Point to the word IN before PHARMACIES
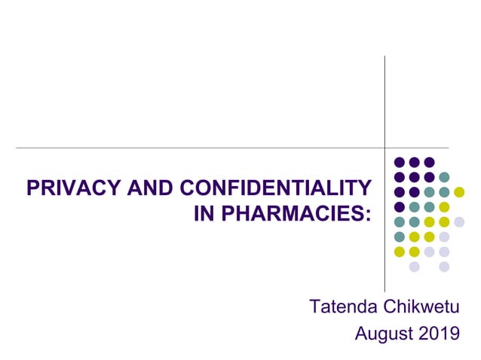point(203,213)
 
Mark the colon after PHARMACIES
point(369,215)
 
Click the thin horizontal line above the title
point(188,148)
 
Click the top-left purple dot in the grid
point(400,162)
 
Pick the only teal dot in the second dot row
point(444,177)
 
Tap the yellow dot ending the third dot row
point(459,192)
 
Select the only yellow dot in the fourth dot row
point(444,207)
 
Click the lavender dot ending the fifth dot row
point(459,221)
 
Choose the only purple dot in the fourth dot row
point(400,207)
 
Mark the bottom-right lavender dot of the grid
point(444,267)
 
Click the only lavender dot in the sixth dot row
point(444,236)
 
